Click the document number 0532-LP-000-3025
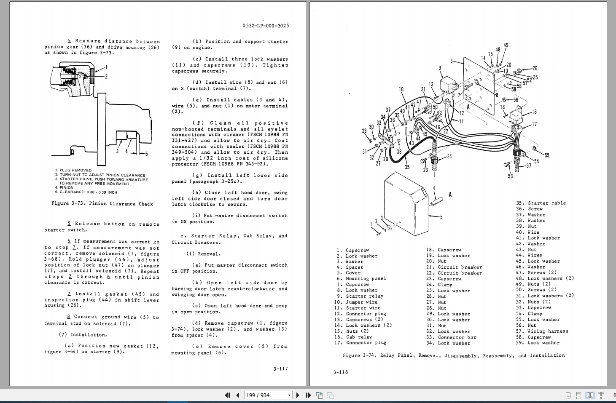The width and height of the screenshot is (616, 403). [266, 26]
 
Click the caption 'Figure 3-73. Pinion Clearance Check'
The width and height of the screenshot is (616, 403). [102, 203]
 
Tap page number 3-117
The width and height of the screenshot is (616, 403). [280, 368]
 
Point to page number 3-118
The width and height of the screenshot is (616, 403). [340, 372]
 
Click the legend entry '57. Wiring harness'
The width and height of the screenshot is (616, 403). [542, 331]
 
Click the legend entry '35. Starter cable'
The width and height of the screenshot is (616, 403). [541, 203]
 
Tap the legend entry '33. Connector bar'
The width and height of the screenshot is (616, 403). [451, 337]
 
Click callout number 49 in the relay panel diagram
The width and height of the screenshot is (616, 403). [506, 45]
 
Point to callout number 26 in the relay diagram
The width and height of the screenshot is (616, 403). [535, 68]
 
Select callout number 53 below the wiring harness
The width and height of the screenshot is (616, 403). [511, 176]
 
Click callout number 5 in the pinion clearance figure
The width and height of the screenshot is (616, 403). [146, 154]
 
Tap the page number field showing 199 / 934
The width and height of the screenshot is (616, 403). [268, 395]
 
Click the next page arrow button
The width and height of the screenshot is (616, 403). [298, 395]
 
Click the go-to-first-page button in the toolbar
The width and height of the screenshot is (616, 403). [227, 395]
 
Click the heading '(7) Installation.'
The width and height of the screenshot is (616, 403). [83, 335]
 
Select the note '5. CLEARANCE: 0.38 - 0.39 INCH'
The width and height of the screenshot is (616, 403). [86, 192]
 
